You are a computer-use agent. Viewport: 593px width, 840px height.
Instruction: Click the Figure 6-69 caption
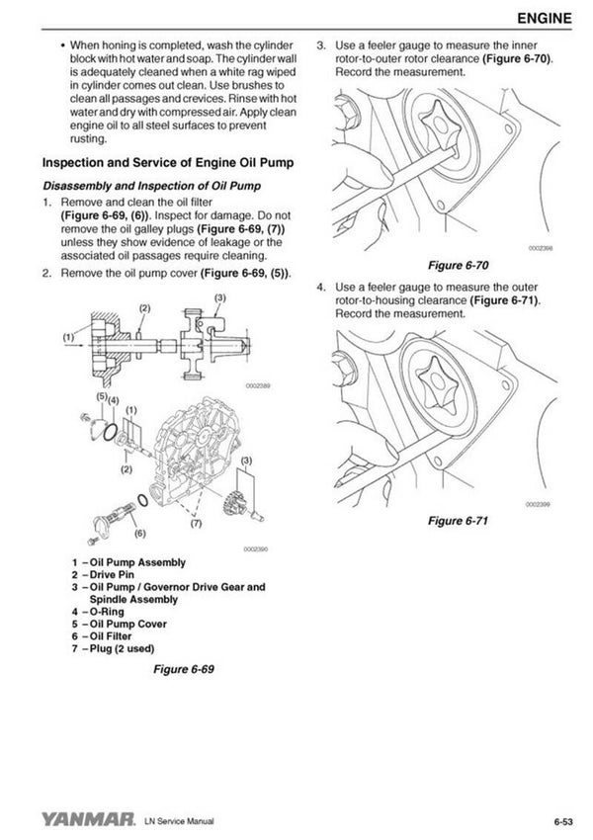[x=183, y=669]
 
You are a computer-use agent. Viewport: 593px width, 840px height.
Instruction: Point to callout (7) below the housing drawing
[x=196, y=523]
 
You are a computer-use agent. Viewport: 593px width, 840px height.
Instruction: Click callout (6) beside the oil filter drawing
[x=139, y=534]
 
